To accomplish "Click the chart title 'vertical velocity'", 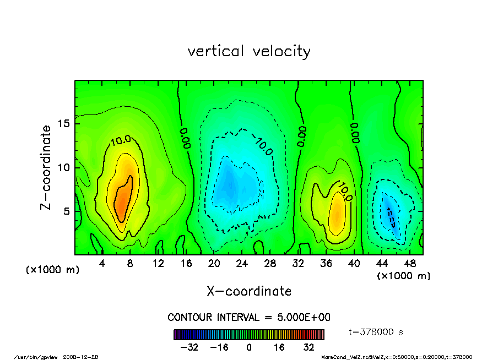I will pos(249,52).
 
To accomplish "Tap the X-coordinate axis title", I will pos(249,291).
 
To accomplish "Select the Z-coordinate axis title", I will pos(46,167).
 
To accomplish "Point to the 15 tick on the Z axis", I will pos(64,124).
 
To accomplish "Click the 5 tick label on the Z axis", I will pos(67,211).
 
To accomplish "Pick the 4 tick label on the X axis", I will pos(102,264).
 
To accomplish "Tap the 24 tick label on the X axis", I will pos(242,264).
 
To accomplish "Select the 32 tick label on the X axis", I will pos(298,264).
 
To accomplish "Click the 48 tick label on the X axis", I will pos(410,264).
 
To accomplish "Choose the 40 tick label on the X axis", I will pos(354,264).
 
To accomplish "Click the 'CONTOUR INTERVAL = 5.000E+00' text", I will pos(249,318).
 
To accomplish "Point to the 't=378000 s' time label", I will pos(377,332).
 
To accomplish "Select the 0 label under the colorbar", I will pos(249,347).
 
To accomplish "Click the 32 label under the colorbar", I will pos(308,347).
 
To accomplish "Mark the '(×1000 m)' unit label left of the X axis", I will pos(53,270).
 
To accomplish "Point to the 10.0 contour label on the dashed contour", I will pos(263,145).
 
